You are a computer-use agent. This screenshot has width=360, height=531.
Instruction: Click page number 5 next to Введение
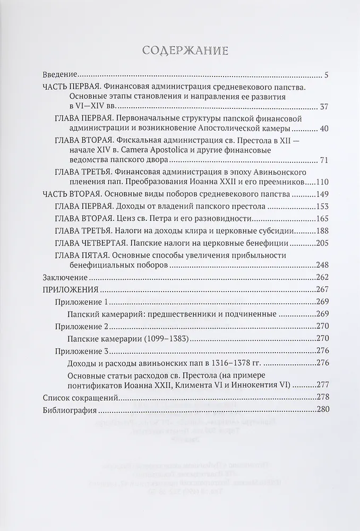(x=326, y=75)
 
